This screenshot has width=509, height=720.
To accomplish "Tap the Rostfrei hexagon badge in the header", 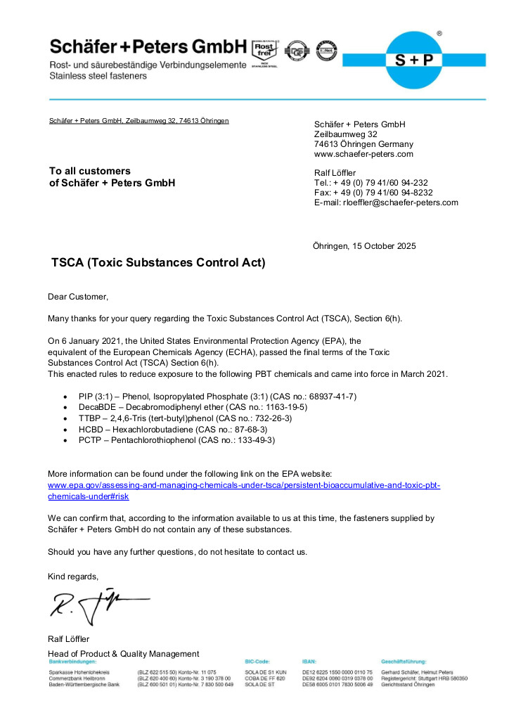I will [264, 50].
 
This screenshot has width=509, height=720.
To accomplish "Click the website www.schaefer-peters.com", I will [363, 154].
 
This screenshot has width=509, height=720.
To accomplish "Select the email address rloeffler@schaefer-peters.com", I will [400, 202].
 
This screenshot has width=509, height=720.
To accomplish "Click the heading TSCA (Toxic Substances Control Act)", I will [158, 264].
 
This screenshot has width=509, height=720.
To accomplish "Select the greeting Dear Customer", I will [78, 297].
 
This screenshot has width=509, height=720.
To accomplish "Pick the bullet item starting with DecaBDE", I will [193, 407].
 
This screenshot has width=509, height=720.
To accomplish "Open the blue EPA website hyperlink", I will [243, 486].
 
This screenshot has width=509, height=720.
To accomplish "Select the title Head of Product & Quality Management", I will [123, 654].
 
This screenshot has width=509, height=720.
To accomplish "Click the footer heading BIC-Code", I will [257, 662].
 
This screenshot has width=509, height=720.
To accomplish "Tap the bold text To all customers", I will [89, 171].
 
